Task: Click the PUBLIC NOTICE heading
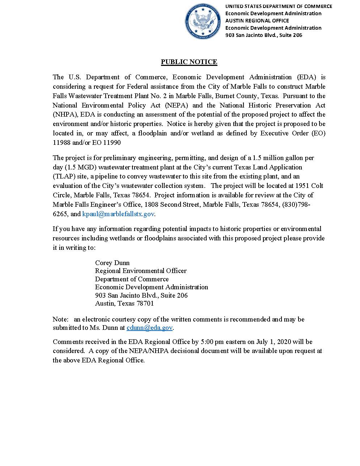[x=189, y=62]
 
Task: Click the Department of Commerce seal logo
[x=203, y=21]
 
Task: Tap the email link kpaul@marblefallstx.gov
[x=118, y=214]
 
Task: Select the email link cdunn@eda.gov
[x=149, y=328]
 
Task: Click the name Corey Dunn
[x=112, y=263]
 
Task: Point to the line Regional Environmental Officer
[x=141, y=271]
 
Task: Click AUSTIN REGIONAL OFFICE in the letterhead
[x=257, y=21]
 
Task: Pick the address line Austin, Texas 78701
[x=124, y=303]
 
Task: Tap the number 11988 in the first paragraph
[x=62, y=143]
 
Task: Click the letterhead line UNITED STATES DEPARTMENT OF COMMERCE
[x=279, y=6]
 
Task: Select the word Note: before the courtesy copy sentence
[x=60, y=319]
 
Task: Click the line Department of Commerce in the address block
[x=132, y=279]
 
